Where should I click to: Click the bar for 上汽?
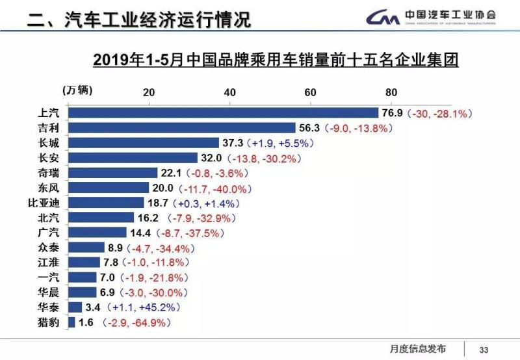pyautogui.click(x=223, y=113)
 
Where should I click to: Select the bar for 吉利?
pyautogui.click(x=181, y=128)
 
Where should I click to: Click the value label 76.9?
pyautogui.click(x=392, y=113)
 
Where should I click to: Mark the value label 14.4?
pyautogui.click(x=140, y=233)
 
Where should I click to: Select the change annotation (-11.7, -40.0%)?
pyautogui.click(x=217, y=188)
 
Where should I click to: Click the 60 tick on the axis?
pyautogui.click(x=310, y=92)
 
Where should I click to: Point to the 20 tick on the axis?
pyautogui.click(x=148, y=92)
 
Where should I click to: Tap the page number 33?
pyautogui.click(x=484, y=348)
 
